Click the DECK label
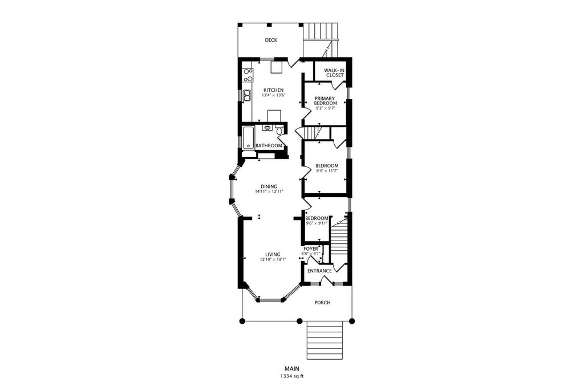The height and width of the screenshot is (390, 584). point(271,41)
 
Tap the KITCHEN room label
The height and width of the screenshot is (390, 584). point(274,90)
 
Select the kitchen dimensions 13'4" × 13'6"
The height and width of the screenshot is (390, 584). point(274,95)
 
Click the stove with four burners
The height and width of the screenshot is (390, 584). point(248,75)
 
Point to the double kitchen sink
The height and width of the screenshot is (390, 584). point(248,95)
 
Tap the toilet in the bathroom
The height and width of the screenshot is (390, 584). point(279,130)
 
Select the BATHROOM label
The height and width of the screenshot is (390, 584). point(269,146)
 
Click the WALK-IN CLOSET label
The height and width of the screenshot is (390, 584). point(334,73)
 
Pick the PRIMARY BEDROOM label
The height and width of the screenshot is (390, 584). point(326,100)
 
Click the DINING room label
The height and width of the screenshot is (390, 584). point(269,187)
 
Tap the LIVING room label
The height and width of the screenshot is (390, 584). point(273,255)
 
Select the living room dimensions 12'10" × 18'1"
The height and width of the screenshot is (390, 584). point(273,260)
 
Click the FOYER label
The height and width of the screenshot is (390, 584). point(311,249)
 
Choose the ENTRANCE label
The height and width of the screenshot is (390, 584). point(319,271)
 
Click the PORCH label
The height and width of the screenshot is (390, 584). point(323,303)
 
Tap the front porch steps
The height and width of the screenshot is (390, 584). point(325,340)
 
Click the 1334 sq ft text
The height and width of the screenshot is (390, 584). point(292,376)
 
